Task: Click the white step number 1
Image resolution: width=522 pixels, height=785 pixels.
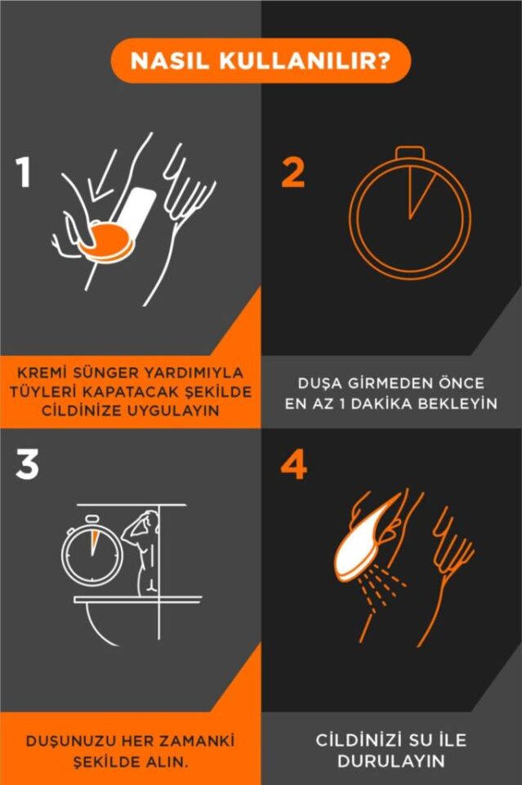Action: (24, 172)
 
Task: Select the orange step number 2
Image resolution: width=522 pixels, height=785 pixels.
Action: (293, 172)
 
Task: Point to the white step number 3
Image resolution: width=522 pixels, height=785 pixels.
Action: (27, 464)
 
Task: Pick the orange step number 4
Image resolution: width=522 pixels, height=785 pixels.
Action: (294, 464)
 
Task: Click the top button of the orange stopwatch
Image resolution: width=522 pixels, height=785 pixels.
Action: (410, 152)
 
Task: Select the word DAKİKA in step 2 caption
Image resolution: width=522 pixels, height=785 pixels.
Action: (381, 403)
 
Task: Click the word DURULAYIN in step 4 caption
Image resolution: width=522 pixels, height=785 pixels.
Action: (391, 761)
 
